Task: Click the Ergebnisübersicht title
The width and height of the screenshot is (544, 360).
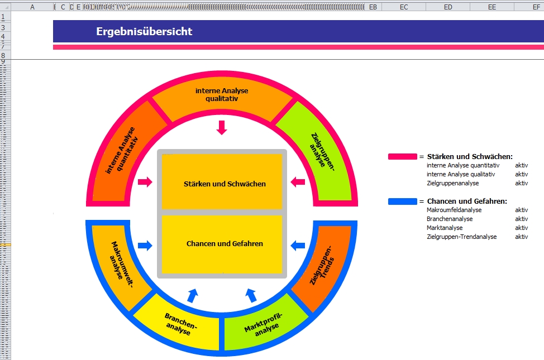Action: pyautogui.click(x=144, y=31)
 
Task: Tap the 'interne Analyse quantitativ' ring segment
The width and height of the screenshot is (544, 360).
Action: pyautogui.click(x=123, y=151)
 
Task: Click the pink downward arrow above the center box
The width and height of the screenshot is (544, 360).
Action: pyautogui.click(x=222, y=127)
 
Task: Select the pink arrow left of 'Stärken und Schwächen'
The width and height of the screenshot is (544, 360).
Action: pyautogui.click(x=145, y=181)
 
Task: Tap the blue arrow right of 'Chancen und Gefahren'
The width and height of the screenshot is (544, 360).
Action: pyautogui.click(x=298, y=244)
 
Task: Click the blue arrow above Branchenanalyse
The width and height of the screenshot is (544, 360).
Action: pyautogui.click(x=193, y=295)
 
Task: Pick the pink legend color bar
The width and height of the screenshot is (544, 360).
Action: pyautogui.click(x=402, y=157)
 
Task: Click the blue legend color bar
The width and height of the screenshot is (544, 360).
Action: pyautogui.click(x=402, y=201)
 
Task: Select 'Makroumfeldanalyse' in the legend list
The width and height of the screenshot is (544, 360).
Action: pyautogui.click(x=454, y=210)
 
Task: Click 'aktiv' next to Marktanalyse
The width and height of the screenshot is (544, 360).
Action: pyautogui.click(x=521, y=228)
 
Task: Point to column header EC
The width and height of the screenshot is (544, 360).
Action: pyautogui.click(x=404, y=7)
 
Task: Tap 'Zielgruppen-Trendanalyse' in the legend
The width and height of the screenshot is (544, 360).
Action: pyautogui.click(x=461, y=237)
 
